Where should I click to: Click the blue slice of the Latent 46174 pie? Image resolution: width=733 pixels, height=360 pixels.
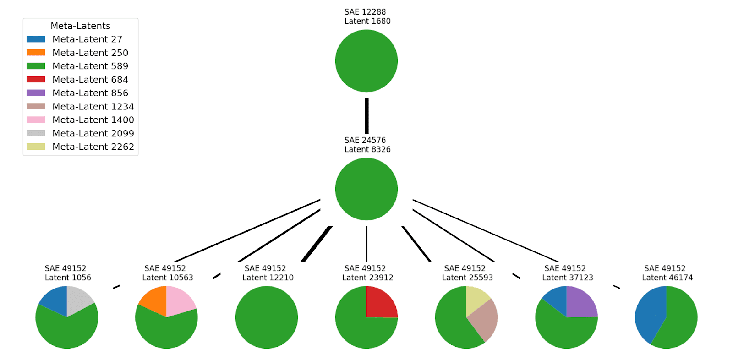pos(650,316)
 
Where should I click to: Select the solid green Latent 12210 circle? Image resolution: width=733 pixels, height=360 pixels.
pos(267,317)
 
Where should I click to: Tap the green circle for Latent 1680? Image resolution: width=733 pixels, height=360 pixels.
pos(366,61)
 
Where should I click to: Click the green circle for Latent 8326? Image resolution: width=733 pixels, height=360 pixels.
pos(366,189)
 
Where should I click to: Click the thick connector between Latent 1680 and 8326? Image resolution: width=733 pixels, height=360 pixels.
pos(366,115)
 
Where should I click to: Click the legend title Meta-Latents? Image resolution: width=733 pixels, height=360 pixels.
pos(81,26)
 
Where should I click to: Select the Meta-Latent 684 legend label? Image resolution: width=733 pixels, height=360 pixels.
pos(90,80)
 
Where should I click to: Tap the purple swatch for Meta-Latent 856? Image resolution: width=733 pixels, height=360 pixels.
pos(36,93)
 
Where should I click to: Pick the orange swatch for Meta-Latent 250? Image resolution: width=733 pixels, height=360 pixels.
pos(36,53)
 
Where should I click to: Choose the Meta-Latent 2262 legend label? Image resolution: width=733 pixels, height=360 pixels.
pos(93,147)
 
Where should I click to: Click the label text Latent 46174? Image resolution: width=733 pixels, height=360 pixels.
pos(667,278)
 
